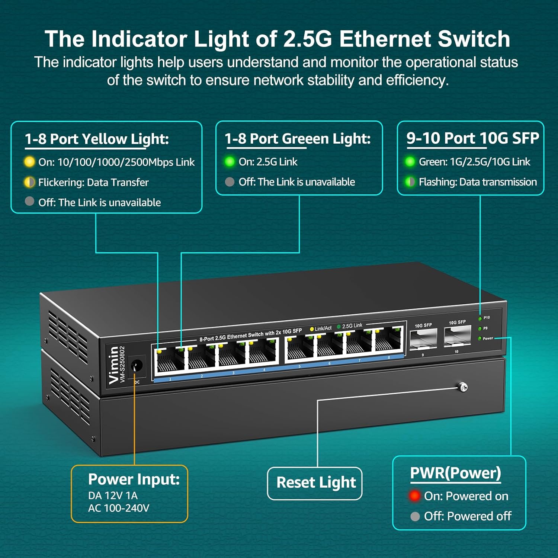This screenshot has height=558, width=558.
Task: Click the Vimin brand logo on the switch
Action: (x=113, y=365)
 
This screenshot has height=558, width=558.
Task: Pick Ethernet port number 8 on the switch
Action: (x=388, y=340)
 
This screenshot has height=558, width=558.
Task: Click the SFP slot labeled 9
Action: (x=423, y=339)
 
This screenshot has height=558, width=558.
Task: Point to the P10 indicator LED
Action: (x=480, y=318)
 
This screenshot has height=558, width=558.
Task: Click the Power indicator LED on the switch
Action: (x=480, y=339)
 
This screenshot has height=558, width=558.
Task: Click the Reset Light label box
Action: (x=315, y=483)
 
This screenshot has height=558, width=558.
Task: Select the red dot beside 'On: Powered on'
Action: (x=414, y=496)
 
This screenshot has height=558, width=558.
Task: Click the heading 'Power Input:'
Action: (x=134, y=479)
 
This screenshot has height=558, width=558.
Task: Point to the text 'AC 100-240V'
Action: (x=119, y=508)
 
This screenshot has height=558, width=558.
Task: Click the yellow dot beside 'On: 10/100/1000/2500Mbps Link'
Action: (x=29, y=162)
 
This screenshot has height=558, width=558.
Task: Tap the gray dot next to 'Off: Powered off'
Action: (x=415, y=516)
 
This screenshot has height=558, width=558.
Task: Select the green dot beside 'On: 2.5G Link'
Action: (x=230, y=161)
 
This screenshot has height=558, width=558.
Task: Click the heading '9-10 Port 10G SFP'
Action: (x=472, y=138)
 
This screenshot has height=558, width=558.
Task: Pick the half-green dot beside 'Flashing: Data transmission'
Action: (x=410, y=182)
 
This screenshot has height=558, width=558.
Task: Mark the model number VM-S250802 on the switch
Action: (x=122, y=365)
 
